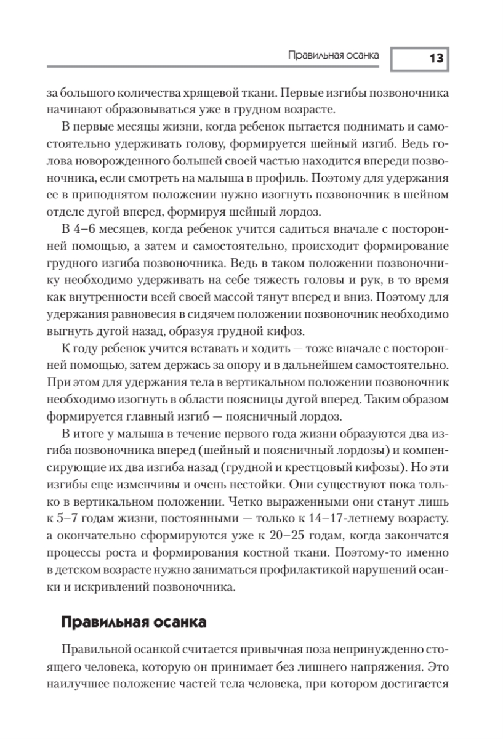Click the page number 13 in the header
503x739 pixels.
[436, 59]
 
